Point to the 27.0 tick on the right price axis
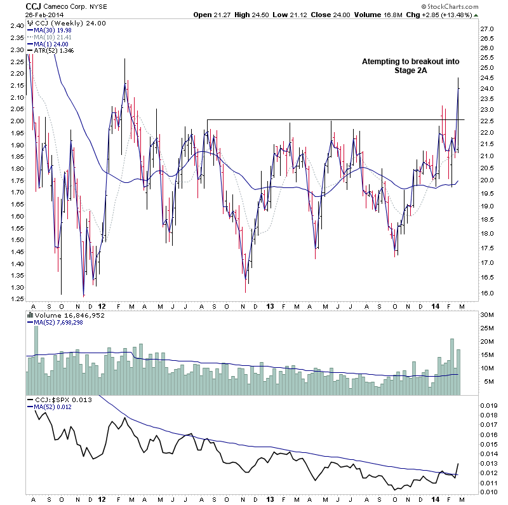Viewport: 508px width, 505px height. [486, 29]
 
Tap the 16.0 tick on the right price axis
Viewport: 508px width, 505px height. [486, 293]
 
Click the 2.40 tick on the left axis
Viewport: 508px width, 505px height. [18, 26]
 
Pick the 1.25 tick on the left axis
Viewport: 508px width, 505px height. [18, 299]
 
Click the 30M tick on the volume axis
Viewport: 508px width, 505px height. [487, 315]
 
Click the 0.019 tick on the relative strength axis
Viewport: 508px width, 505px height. [489, 405]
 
